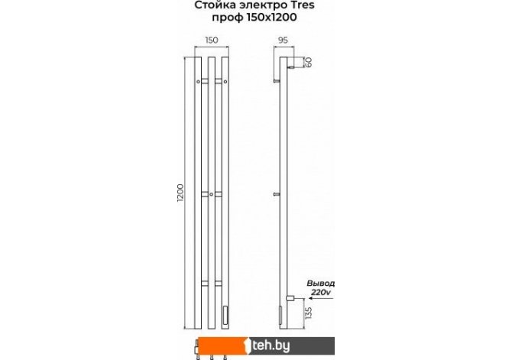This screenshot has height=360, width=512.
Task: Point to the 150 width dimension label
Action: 211,41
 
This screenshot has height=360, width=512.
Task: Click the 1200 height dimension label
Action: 180,193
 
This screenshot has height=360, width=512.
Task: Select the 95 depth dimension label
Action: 283,41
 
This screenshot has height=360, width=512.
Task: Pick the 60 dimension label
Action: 308,62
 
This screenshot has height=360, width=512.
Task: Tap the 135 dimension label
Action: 308,313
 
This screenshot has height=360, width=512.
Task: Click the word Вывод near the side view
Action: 320,284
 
